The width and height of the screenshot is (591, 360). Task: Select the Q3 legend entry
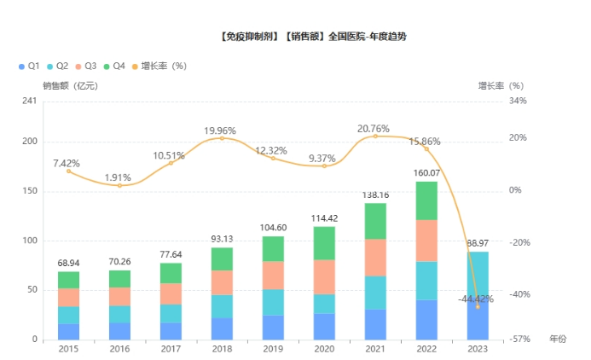[x=89, y=66]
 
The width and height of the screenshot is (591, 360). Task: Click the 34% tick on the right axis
[x=518, y=102]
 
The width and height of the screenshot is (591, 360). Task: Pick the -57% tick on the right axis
[x=518, y=340]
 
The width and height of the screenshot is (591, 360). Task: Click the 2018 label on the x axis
[x=222, y=348]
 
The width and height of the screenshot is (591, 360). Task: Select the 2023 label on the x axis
[x=478, y=348]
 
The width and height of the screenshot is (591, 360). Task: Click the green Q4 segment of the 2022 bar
[x=427, y=200]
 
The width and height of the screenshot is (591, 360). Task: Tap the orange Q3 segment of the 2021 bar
[x=376, y=258]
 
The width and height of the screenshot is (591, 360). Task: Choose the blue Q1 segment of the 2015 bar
[x=69, y=331]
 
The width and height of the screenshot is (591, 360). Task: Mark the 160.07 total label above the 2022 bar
[x=427, y=173]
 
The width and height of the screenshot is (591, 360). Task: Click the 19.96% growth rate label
[x=220, y=130]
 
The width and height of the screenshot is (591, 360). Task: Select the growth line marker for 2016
[x=119, y=185]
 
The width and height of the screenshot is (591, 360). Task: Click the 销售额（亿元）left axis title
[x=71, y=85]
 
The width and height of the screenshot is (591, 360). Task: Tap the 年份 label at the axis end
[x=557, y=340]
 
